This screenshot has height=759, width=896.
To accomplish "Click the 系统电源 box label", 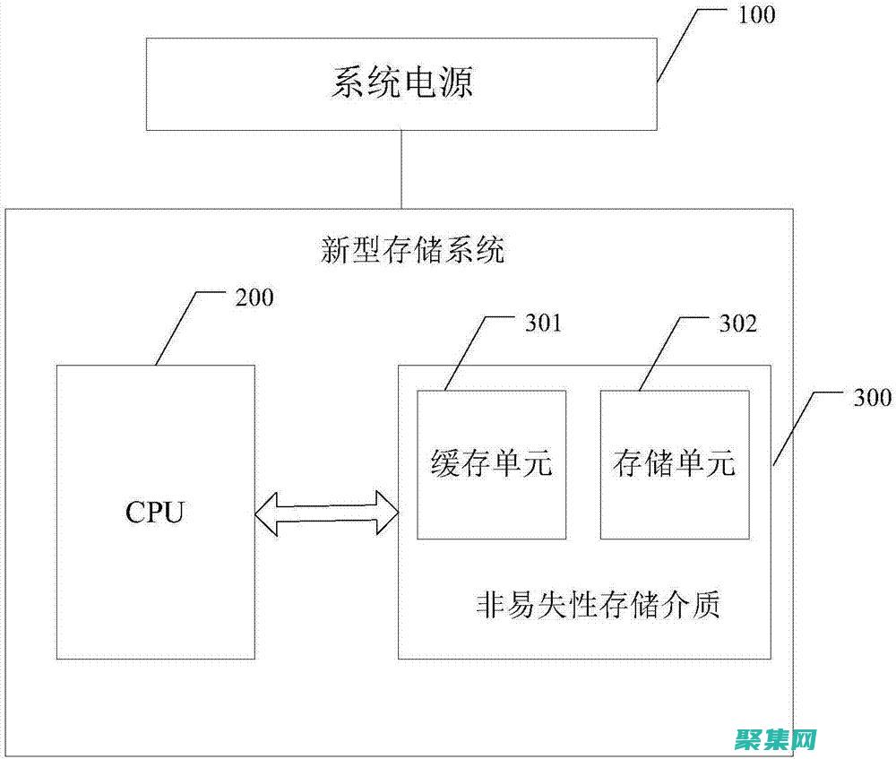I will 402,83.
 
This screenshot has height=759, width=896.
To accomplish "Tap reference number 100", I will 757,15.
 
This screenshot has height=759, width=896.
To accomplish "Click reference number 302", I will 737,323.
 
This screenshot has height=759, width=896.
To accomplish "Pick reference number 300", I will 871,399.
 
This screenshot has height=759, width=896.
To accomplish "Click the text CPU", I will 155,513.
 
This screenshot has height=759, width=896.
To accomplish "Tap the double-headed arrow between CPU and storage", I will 326,514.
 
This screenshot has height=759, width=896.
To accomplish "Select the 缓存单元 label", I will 491,463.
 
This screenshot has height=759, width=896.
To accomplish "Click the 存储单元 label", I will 674,463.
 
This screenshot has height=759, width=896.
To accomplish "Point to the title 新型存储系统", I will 413,250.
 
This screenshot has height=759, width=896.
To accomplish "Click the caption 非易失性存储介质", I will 599,606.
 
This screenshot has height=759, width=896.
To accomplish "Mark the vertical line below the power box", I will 402,169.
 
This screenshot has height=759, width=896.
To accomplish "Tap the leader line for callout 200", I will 177,326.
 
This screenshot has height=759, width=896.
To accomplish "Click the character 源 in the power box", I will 456,83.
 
